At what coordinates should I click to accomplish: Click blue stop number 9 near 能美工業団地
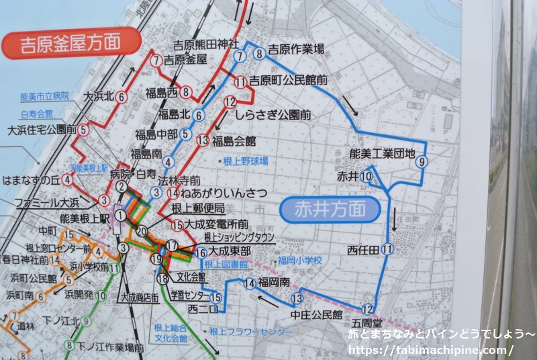tap(422, 161)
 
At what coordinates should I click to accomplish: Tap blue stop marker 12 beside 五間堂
tap(367, 309)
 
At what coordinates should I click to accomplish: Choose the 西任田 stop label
tap(363, 250)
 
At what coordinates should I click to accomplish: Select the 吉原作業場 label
tap(296, 48)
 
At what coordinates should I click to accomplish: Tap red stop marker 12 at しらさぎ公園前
tap(230, 103)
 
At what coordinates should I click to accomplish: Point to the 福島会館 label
tap(234, 141)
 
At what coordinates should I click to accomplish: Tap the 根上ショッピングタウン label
tap(239, 238)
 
